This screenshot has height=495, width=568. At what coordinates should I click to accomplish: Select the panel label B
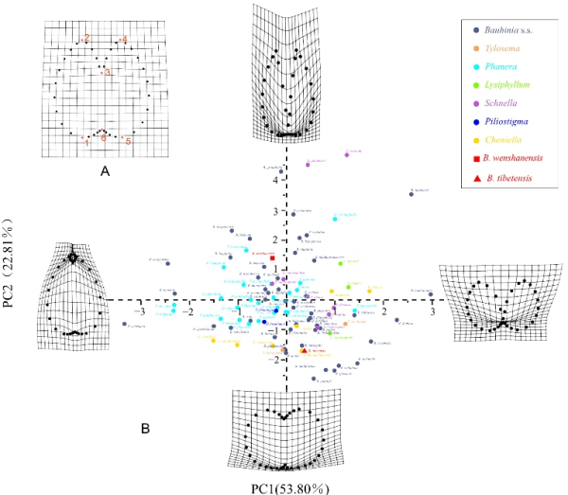click(x=146, y=430)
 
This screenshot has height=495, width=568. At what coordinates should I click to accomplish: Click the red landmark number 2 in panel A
click(x=86, y=38)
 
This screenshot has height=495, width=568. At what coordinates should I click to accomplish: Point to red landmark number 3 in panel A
click(x=108, y=72)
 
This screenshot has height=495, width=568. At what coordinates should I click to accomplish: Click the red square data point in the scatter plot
click(x=273, y=257)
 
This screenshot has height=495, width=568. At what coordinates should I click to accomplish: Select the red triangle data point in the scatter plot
click(x=304, y=349)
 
